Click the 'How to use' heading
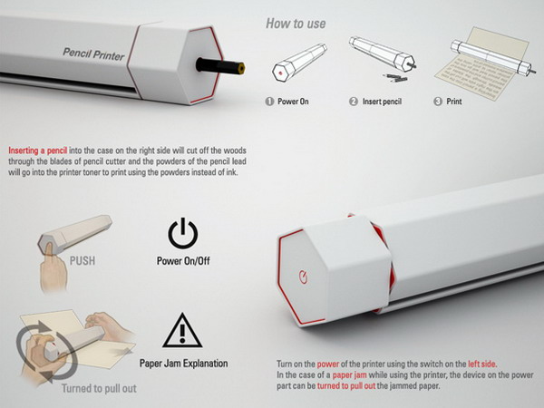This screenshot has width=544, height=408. coord(296,24)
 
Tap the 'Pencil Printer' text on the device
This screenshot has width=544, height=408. coord(93,54)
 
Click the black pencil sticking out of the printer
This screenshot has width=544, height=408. coord(220,65)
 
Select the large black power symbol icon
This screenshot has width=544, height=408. coord(183,233)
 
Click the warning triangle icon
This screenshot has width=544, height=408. coord(182,330)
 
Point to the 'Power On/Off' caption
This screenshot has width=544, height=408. coord(183,261)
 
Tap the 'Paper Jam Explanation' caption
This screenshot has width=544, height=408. coord(183,364)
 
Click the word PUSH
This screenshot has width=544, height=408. coord(83,260)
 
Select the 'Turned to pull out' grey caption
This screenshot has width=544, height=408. coord(99,388)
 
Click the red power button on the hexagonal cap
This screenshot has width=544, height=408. coord(303,277)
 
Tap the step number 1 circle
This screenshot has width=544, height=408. coord(269,102)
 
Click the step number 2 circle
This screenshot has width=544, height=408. coord(354,102)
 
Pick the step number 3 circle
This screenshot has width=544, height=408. coord(438,102)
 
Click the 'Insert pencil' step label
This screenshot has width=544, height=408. coord(382,102)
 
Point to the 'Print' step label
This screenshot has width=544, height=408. coord(454,102)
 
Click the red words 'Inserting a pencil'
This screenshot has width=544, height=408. coord(38,151)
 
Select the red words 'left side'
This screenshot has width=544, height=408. coord(482,364)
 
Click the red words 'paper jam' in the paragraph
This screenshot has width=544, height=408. coord(349,375)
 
